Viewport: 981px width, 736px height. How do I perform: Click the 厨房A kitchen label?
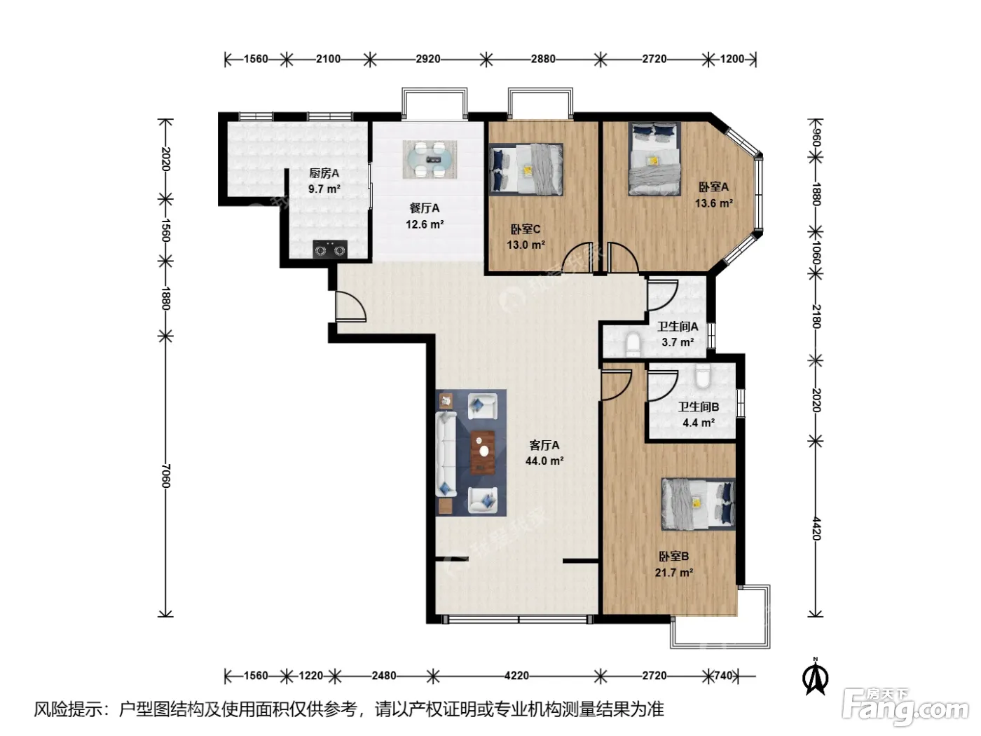pyautogui.click(x=324, y=173)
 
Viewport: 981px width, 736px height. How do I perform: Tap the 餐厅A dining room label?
pyautogui.click(x=424, y=208)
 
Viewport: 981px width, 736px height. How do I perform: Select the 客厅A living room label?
pyautogui.click(x=544, y=445)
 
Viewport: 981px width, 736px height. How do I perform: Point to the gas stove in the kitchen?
pyautogui.click(x=330, y=249)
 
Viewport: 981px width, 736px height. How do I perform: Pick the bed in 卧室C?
pyautogui.click(x=526, y=170)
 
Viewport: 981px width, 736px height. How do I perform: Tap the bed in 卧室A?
pyautogui.click(x=654, y=158)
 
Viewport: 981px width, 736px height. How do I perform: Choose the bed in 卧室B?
pyautogui.click(x=698, y=504)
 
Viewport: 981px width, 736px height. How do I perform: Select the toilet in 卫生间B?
pyautogui.click(x=703, y=376)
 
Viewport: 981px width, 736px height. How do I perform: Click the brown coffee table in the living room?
pyautogui.click(x=483, y=452)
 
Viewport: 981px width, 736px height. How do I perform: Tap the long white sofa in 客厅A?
pyautogui.click(x=446, y=454)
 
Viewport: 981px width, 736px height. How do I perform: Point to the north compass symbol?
pyautogui.click(x=815, y=677)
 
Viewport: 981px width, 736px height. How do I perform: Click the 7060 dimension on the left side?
pyautogui.click(x=165, y=475)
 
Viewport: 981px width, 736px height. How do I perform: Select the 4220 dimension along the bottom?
pyautogui.click(x=516, y=675)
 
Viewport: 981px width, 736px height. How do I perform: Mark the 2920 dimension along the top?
pyautogui.click(x=427, y=59)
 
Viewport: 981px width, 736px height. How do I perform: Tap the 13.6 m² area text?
pyautogui.click(x=714, y=203)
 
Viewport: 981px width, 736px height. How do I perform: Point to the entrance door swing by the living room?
pyautogui.click(x=351, y=306)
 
